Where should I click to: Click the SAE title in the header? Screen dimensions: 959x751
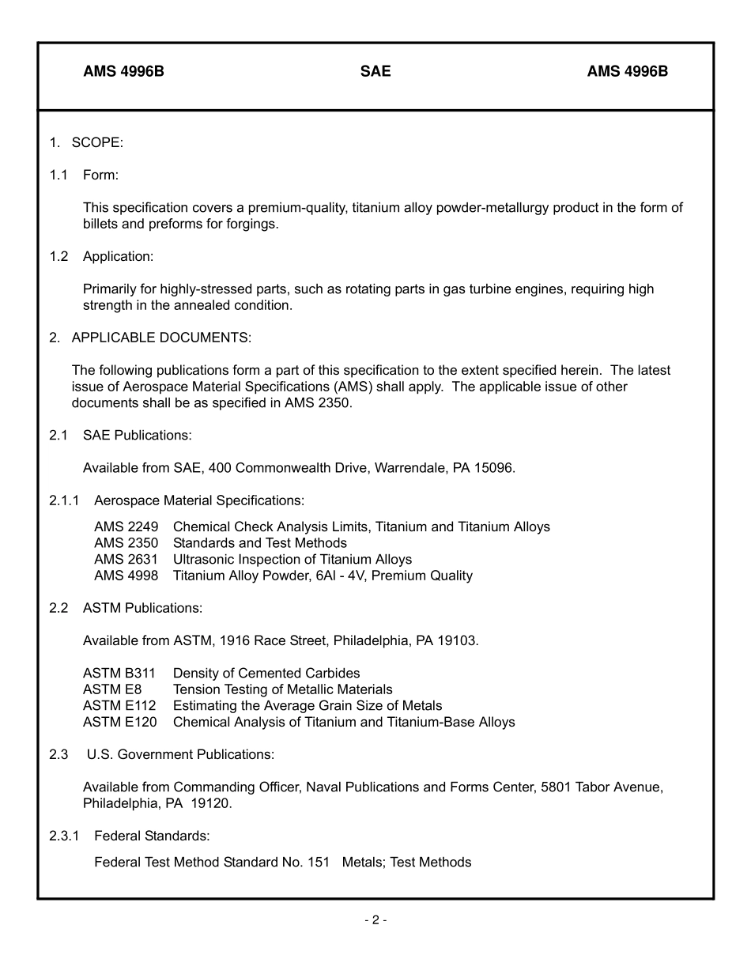375,72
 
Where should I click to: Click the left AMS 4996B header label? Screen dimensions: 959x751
123,72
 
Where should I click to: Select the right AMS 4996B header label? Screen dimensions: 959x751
627,72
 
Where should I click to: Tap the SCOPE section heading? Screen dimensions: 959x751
97,142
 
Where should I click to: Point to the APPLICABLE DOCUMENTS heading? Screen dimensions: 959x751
161,338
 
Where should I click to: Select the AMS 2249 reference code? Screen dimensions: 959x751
126,527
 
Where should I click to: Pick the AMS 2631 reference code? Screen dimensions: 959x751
126,559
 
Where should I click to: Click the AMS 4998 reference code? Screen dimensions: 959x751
126,576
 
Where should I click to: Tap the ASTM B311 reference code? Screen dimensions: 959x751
119,674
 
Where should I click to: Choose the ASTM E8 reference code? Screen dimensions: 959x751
112,689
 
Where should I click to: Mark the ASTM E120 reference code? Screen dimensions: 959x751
119,722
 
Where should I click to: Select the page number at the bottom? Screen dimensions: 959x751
375,919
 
